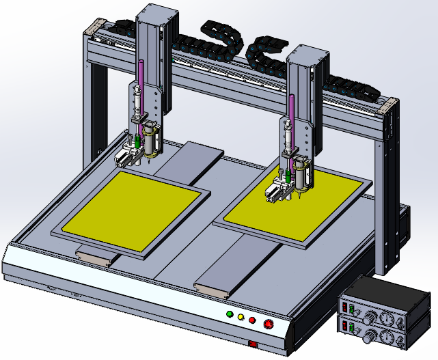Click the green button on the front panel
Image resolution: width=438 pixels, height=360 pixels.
[x=230, y=315]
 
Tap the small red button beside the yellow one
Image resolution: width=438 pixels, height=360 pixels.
[x=252, y=320]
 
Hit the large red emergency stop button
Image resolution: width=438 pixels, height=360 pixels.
[x=268, y=324]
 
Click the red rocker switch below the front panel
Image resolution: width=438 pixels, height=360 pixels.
[x=253, y=344]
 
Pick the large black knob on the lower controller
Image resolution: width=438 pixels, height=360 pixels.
[x=370, y=337]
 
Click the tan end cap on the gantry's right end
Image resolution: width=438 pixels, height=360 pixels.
[x=387, y=106]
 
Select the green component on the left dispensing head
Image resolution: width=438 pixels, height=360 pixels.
[x=137, y=142]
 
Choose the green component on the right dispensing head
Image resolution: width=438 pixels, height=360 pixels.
[x=289, y=176]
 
